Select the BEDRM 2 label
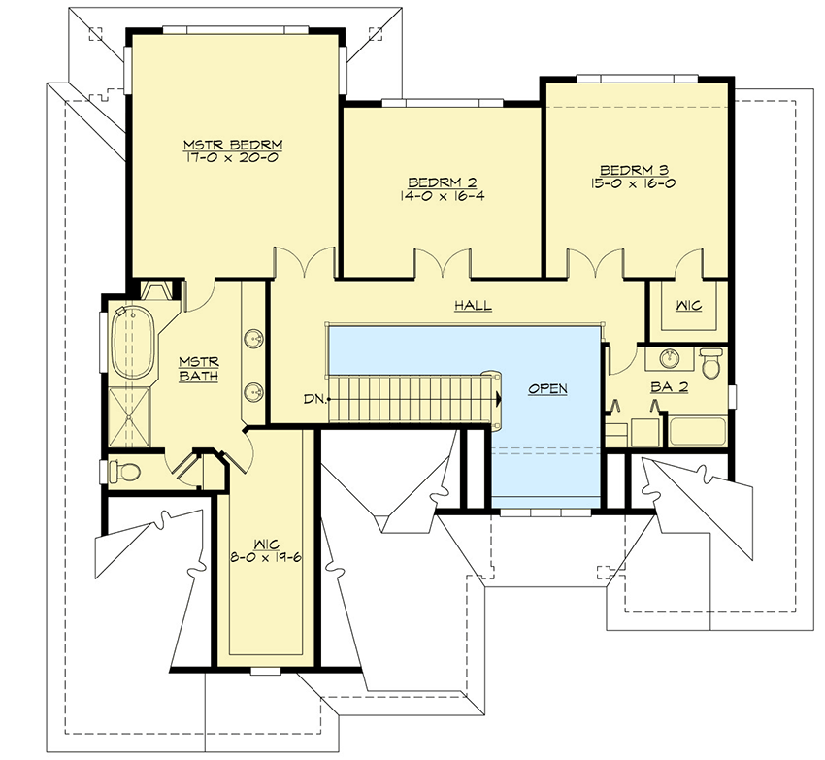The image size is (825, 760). point(442,182)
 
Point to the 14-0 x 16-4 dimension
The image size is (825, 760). point(442,194)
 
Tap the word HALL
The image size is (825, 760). point(473,306)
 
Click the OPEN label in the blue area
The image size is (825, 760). point(547,388)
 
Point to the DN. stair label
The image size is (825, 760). point(313,399)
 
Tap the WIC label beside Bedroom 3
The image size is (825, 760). point(689,306)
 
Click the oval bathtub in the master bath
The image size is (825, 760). point(128,344)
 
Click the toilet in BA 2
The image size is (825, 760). point(711,364)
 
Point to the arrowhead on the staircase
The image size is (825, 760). point(498,399)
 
